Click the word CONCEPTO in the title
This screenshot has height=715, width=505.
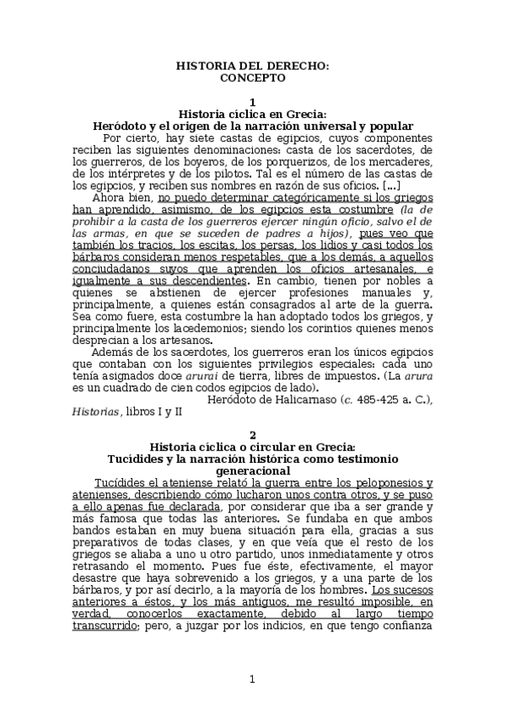pyautogui.click(x=252, y=78)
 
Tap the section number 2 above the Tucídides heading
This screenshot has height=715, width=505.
pyautogui.click(x=252, y=435)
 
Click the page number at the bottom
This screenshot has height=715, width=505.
pyautogui.click(x=252, y=680)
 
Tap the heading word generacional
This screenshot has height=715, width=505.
pyautogui.click(x=252, y=470)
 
